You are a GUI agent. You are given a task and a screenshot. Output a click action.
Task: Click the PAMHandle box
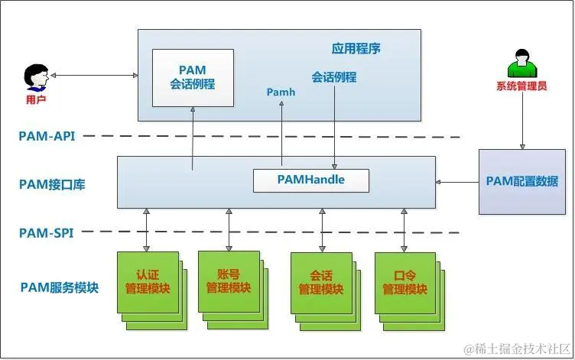pyautogui.click(x=310, y=180)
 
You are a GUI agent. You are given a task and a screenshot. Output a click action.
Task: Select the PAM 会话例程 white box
pyautogui.click(x=192, y=77)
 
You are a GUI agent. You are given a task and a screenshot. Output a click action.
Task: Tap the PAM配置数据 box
pyautogui.click(x=522, y=181)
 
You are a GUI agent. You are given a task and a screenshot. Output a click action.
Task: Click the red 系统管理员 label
pyautogui.click(x=522, y=86)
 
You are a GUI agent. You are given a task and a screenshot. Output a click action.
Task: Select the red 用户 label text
pyautogui.click(x=36, y=100)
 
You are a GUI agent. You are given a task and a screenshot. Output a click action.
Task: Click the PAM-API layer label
pyautogui.click(x=47, y=136)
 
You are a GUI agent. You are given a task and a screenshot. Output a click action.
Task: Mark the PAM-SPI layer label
pyautogui.click(x=47, y=232)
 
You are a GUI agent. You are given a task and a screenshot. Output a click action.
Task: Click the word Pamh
pyautogui.click(x=281, y=92)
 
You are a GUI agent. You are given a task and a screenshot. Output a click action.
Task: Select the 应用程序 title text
pyautogui.click(x=356, y=49)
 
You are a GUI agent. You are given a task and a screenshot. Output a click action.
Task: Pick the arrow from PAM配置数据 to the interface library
pyautogui.click(x=456, y=182)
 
